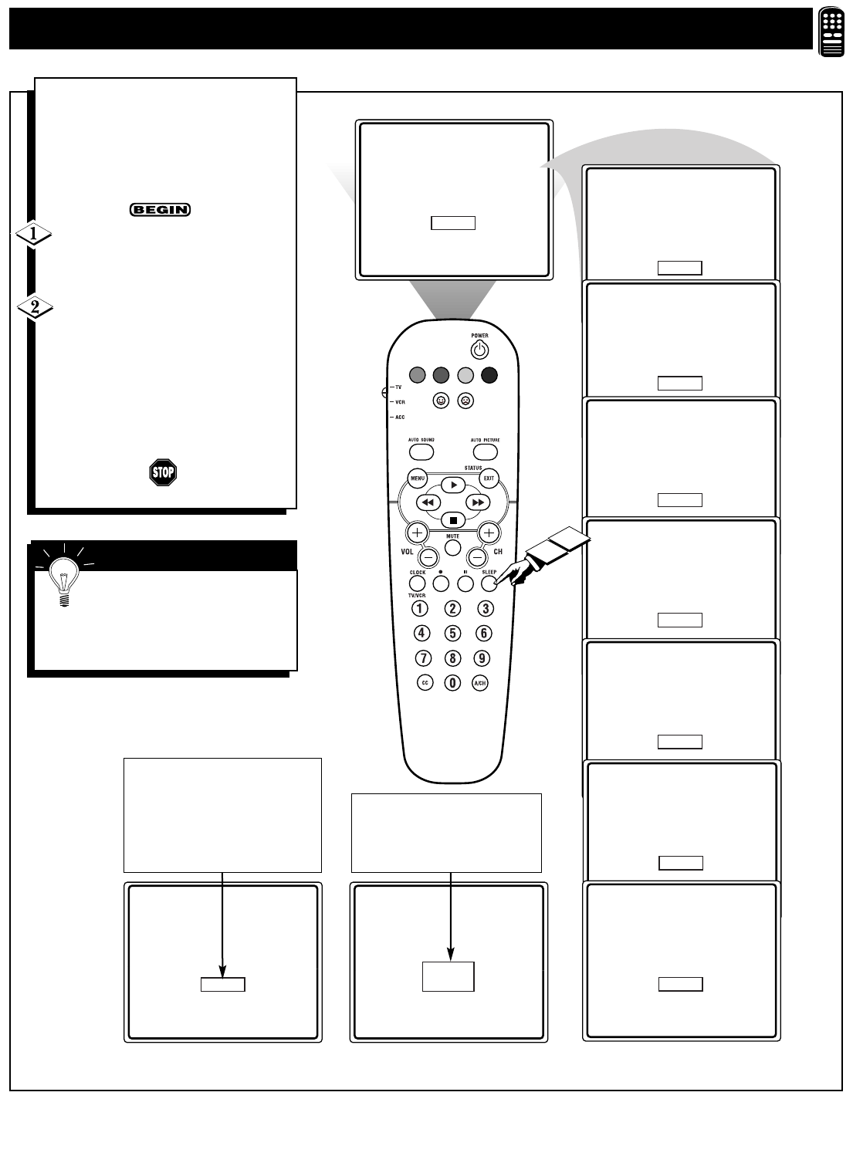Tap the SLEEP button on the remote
click(x=488, y=583)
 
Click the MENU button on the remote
click(x=418, y=478)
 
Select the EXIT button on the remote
click(x=489, y=478)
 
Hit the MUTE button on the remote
click(x=453, y=547)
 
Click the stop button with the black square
click(x=453, y=520)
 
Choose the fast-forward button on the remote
click(x=478, y=502)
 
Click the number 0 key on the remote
click(x=453, y=682)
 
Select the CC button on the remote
click(x=424, y=682)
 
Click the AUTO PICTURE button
click(x=484, y=451)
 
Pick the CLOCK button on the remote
click(x=418, y=583)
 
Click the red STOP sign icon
click(x=163, y=472)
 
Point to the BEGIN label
click(x=160, y=210)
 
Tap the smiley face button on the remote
click(x=441, y=401)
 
